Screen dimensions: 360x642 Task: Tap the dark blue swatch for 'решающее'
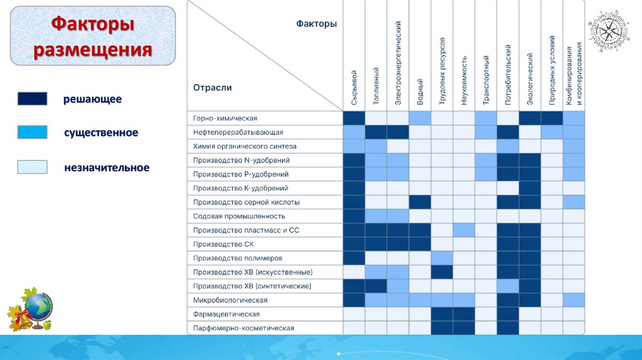(32, 99)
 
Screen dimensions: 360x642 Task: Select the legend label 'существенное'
(101, 133)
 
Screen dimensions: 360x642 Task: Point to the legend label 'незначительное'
(107, 167)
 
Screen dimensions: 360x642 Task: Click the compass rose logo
(608, 31)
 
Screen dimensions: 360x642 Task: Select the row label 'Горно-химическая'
(226, 119)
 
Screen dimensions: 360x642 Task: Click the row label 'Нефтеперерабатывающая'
(238, 132)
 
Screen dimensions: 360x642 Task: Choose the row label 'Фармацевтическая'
(226, 314)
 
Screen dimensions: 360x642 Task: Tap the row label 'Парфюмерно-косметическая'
(244, 327)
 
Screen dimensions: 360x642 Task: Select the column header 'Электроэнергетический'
(398, 63)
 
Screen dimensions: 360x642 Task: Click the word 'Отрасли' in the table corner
(213, 88)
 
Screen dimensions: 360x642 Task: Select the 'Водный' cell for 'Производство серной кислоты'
(419, 202)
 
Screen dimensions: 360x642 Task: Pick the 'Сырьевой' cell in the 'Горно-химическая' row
(354, 119)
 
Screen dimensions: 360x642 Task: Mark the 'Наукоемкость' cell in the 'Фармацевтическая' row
(464, 314)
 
